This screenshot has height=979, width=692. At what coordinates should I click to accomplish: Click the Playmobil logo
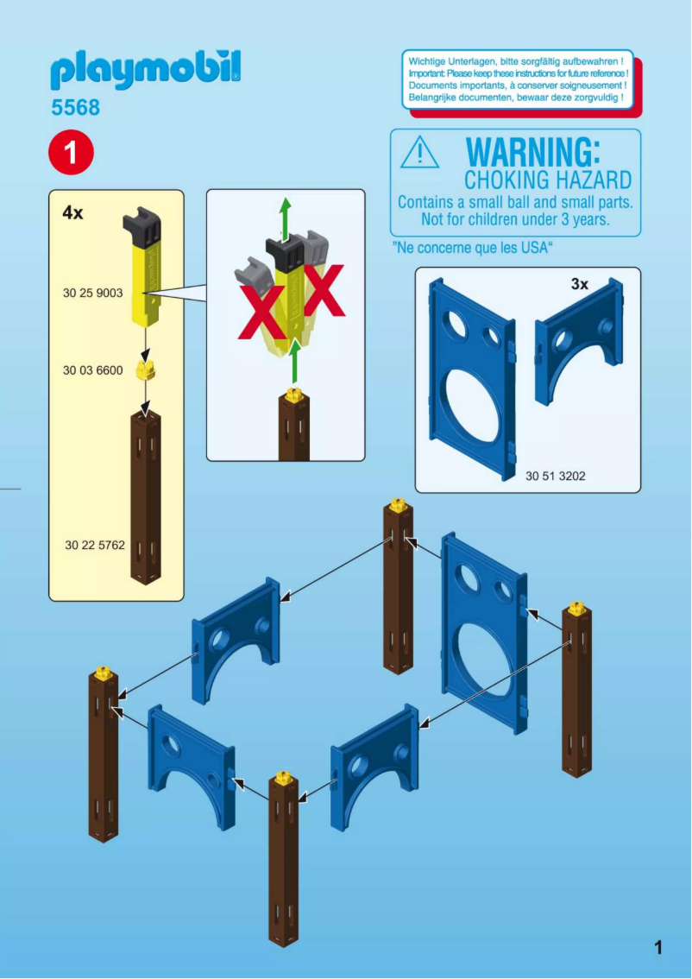pyautogui.click(x=145, y=71)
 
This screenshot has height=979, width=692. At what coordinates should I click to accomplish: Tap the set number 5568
pyautogui.click(x=76, y=107)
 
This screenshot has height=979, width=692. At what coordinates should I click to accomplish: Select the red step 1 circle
pyautogui.click(x=71, y=152)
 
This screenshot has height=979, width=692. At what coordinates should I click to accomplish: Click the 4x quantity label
pyautogui.click(x=72, y=213)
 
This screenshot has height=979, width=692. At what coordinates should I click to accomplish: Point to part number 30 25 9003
pyautogui.click(x=93, y=292)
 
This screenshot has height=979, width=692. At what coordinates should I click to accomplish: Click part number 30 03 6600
pyautogui.click(x=93, y=370)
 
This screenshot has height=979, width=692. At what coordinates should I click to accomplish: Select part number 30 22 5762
pyautogui.click(x=95, y=545)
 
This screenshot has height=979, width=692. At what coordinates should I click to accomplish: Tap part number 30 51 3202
pyautogui.click(x=556, y=476)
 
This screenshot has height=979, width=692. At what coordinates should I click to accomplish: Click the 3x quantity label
pyautogui.click(x=580, y=284)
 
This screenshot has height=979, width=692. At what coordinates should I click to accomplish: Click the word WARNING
pyautogui.click(x=533, y=152)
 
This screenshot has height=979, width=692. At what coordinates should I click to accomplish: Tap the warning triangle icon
pyautogui.click(x=419, y=152)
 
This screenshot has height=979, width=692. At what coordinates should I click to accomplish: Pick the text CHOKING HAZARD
pyautogui.click(x=548, y=180)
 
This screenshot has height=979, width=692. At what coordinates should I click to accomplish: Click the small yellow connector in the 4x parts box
pyautogui.click(x=146, y=370)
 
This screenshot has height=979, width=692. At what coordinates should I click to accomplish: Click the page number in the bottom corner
pyautogui.click(x=658, y=948)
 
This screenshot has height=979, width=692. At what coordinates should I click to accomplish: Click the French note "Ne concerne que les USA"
pyautogui.click(x=473, y=248)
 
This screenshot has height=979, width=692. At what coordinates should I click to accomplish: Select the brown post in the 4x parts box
pyautogui.click(x=145, y=497)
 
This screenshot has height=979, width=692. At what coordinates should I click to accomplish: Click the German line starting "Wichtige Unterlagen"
pyautogui.click(x=515, y=62)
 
